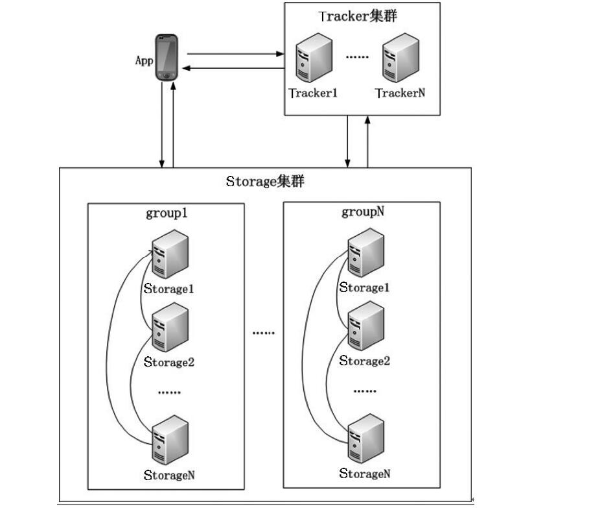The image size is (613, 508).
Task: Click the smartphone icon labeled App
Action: point(167,58)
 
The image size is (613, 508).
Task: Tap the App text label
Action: point(144,60)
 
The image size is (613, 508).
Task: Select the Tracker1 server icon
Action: point(314,58)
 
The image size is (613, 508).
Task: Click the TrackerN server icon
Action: point(400,58)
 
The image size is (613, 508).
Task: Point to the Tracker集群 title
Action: point(358,17)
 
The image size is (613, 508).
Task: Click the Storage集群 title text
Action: point(265,181)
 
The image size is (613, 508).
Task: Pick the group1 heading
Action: point(167,213)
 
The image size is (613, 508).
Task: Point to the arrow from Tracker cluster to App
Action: point(233,68)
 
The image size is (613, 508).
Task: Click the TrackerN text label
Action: point(400,93)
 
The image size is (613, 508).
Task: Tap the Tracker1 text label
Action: point(314,93)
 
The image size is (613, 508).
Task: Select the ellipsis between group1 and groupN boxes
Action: point(263,332)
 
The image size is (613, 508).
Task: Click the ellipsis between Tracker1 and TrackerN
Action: point(357,57)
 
